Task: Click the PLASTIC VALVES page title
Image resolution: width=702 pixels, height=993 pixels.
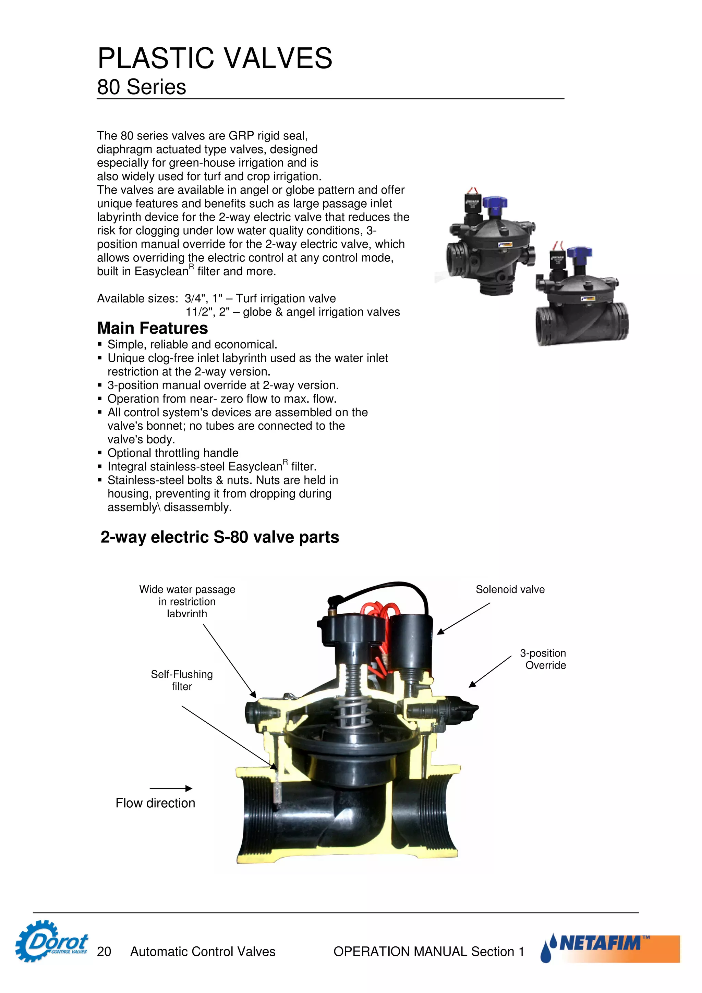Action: pos(215,58)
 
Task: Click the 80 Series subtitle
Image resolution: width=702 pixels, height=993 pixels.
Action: pos(142,87)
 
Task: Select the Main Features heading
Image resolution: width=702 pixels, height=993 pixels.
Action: pos(152,328)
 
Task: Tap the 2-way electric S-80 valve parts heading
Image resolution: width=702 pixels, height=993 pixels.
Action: pos(220,537)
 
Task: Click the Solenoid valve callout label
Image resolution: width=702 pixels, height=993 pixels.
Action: pos(510,589)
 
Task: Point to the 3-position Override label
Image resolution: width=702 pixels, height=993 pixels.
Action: pos(543,659)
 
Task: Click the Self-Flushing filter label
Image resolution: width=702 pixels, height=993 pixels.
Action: pos(182,680)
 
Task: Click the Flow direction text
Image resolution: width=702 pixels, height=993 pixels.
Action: pos(155,803)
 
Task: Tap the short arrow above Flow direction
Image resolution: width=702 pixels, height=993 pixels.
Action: pos(171,788)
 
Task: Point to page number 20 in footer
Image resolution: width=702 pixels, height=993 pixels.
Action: pos(104,952)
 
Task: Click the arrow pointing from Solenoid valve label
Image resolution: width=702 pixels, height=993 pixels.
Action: pos(463,618)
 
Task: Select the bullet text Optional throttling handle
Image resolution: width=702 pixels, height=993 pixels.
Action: pos(172,453)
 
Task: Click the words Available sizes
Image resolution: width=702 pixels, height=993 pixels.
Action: pos(137,298)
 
